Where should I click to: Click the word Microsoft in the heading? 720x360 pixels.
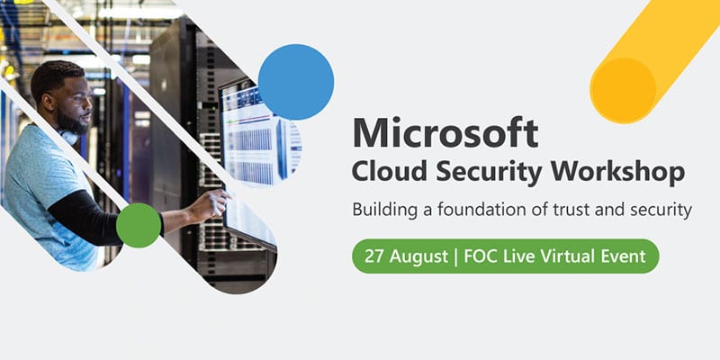pos(445,132)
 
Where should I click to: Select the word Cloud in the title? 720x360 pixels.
pos(389,173)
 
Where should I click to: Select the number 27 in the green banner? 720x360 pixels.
pos(374,256)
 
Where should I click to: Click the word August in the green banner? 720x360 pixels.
pos(418,257)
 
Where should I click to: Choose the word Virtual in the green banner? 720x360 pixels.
pos(566,256)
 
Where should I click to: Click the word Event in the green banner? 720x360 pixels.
pos(623,256)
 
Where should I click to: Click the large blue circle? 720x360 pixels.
pos(296,82)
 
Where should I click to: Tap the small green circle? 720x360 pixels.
pos(139,226)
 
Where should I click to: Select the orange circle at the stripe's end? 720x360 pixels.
pos(623,91)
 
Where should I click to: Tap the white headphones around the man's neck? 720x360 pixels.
pos(69,137)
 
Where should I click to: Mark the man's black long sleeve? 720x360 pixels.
pos(87,217)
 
